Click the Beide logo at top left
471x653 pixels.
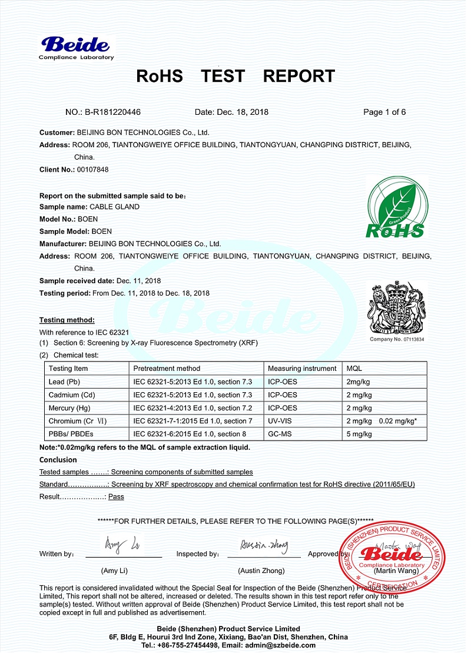76,47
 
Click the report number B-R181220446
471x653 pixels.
112,112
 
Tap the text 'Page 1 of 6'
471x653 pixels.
384,112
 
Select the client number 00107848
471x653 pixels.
92,170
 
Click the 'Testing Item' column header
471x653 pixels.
68,369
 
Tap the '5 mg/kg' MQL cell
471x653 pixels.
359,434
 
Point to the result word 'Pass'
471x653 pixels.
116,496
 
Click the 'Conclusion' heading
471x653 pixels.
58,460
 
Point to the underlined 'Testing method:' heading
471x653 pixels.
67,320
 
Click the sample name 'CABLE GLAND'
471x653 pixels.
114,207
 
